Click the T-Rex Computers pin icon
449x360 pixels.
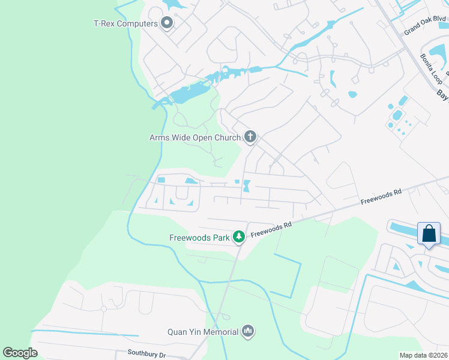point(167,23)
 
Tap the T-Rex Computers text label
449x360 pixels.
point(125,24)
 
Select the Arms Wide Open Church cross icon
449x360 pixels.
point(250,137)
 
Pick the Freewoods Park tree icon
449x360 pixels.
point(239,238)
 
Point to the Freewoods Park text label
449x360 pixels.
point(200,238)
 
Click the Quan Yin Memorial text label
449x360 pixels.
point(203,331)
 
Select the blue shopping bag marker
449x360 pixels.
point(429,233)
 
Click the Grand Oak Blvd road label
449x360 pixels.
point(425,26)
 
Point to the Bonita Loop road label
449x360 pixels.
point(431,68)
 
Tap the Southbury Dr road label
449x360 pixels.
point(146,355)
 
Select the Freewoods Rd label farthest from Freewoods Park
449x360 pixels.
point(381,197)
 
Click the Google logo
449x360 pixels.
point(20,352)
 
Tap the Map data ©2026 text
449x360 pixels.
point(423,355)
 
